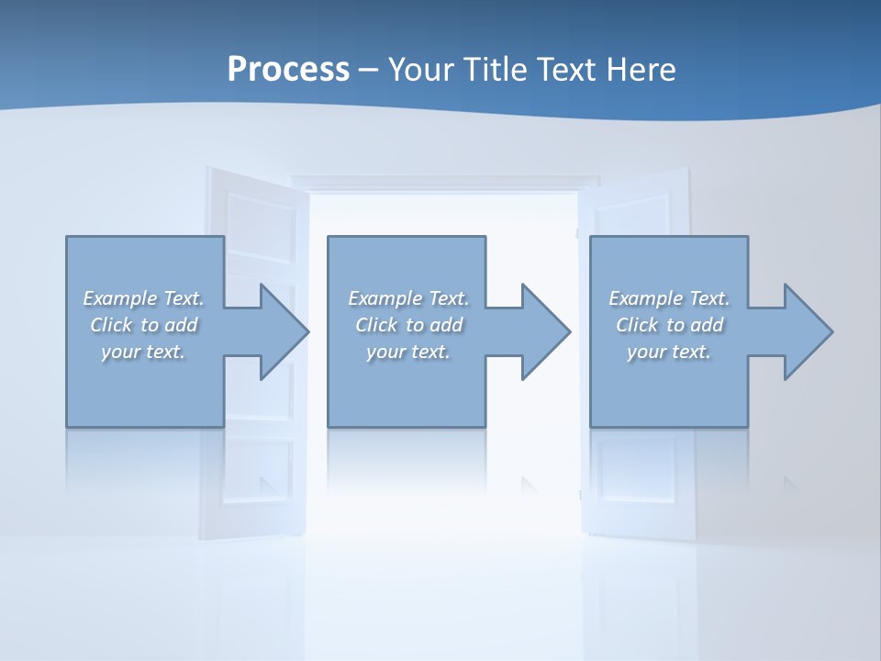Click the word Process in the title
pos(288,70)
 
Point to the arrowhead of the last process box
pos(807,331)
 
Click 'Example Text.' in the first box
pos(144,298)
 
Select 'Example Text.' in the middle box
pos(408,298)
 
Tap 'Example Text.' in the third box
pos(669,298)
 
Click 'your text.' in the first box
pos(143,352)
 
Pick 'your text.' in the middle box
pos(408,352)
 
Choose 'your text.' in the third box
pos(669,352)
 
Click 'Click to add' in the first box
pos(144,325)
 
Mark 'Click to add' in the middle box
pos(408,325)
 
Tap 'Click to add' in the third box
pos(669,325)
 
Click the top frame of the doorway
pos(444,183)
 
